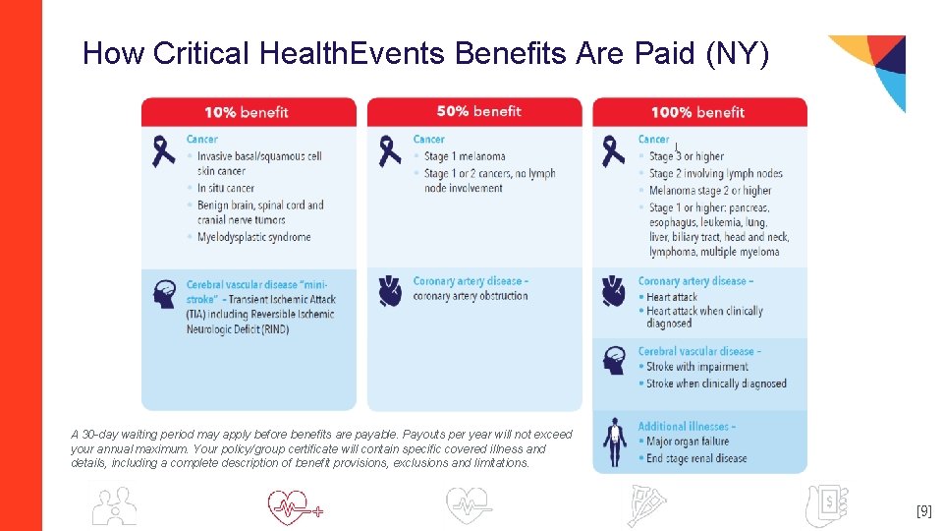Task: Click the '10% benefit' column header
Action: (x=247, y=112)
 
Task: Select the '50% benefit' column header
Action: (x=478, y=111)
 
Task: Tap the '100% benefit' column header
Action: (x=698, y=112)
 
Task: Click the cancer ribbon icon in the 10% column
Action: (x=164, y=152)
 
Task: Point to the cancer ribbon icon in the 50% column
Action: (x=390, y=151)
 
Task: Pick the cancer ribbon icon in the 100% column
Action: (x=614, y=151)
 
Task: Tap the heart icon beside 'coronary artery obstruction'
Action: (x=390, y=290)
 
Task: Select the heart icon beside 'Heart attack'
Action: (x=614, y=290)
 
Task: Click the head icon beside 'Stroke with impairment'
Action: (x=615, y=360)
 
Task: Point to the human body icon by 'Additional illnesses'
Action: (x=615, y=442)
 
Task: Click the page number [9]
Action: (x=923, y=511)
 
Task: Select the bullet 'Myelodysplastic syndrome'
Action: (x=253, y=237)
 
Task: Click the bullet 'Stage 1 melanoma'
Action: (x=465, y=156)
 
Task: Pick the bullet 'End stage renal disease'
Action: (x=696, y=458)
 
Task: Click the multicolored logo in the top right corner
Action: (x=872, y=69)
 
